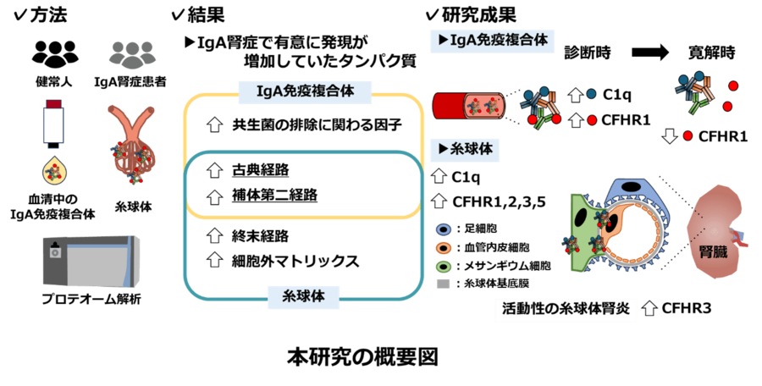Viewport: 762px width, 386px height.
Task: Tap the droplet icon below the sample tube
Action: (54, 172)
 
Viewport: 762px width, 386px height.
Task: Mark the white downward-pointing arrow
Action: (670, 136)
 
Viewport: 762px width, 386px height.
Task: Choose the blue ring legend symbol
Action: (443, 229)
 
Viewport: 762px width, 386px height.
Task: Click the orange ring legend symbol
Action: (443, 247)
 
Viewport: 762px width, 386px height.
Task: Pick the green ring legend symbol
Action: (443, 265)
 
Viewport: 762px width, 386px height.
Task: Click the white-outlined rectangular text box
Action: (565, 310)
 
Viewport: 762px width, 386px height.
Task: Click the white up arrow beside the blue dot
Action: (577, 95)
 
